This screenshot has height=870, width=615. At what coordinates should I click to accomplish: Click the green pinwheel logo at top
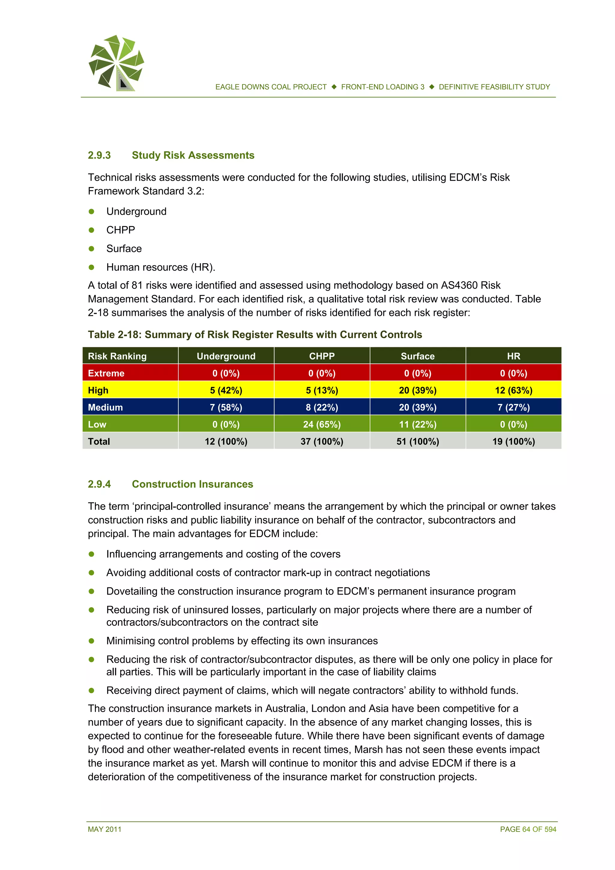[x=116, y=62]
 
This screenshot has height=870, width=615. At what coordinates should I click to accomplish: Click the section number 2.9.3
[x=99, y=155]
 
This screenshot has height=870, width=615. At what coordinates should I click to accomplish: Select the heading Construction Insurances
[x=192, y=484]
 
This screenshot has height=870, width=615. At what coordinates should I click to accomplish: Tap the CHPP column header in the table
[x=322, y=356]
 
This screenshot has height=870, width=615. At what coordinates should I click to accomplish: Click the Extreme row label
[x=106, y=373]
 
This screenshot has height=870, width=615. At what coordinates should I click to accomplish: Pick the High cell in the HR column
[x=514, y=390]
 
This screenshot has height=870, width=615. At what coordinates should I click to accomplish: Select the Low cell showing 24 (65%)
[x=322, y=424]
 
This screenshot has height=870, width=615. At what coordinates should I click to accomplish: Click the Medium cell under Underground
[x=226, y=407]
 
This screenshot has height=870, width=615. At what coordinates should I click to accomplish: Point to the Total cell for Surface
[x=418, y=441]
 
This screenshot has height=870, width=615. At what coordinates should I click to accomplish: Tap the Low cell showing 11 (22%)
[x=418, y=424]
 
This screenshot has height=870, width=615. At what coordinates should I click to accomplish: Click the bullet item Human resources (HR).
[x=161, y=268]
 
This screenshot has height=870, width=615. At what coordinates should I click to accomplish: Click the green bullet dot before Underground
[x=91, y=211]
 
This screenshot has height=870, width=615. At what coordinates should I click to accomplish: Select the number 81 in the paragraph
[x=137, y=285]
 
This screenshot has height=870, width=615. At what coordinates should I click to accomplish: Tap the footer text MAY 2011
[x=105, y=829]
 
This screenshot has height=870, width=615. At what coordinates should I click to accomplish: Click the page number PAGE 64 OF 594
[x=528, y=829]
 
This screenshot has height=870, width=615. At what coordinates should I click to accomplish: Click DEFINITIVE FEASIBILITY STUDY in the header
[x=494, y=87]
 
